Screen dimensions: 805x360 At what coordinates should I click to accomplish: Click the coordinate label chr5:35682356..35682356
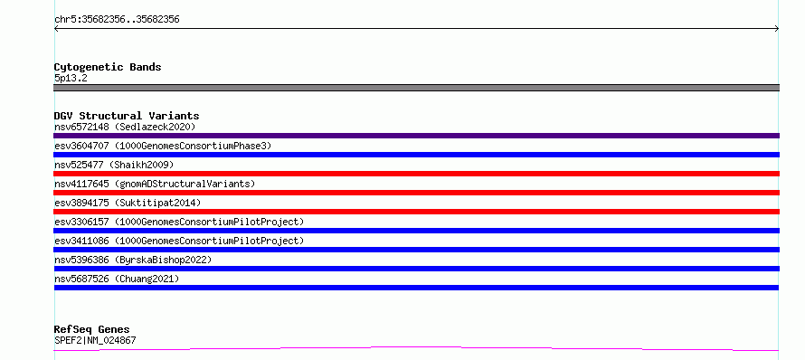point(117,20)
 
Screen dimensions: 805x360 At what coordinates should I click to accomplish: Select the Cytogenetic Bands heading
point(108,67)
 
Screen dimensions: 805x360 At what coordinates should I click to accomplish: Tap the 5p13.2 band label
point(71,78)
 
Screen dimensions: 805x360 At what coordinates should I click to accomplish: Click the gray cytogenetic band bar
point(416,88)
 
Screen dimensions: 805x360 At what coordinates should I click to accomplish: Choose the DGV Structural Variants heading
point(127,116)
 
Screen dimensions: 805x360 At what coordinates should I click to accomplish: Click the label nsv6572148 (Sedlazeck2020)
point(125,127)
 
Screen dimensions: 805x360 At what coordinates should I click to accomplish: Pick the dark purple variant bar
point(416,136)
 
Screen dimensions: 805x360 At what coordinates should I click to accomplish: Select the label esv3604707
point(81,146)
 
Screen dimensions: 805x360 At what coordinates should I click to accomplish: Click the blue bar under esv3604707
point(416,155)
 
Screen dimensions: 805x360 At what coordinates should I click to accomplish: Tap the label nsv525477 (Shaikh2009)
point(114,165)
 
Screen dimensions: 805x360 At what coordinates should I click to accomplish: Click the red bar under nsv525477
point(416,174)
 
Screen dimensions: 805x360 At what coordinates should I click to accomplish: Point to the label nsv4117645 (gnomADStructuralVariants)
point(155,184)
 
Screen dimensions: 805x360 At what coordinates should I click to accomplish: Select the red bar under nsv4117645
point(416,193)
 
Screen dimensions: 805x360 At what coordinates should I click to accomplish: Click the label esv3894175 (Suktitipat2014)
point(128,203)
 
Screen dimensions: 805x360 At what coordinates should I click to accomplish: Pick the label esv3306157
point(81,222)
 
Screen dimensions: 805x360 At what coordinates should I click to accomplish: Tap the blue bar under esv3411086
point(416,250)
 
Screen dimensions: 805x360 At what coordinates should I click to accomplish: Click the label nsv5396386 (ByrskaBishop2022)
point(133,260)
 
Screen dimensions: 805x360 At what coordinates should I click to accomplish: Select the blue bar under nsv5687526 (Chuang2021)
point(416,288)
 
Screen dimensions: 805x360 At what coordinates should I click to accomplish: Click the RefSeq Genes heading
point(91,329)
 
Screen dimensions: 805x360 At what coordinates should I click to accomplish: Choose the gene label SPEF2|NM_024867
point(95,340)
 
